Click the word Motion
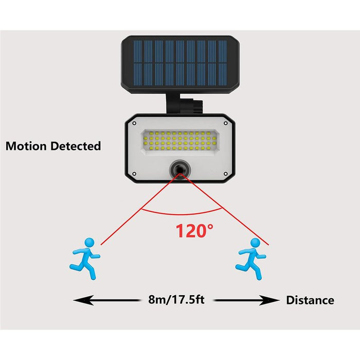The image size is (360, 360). tap(26, 146)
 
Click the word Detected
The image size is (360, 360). tap(76, 146)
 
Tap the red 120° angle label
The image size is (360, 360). tap(194, 231)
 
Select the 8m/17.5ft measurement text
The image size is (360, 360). tap(176, 299)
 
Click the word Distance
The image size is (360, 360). tap(310, 300)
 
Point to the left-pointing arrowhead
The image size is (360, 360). tap(83, 300)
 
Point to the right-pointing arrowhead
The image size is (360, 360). tap(269, 300)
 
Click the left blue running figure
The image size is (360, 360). tap(85, 259)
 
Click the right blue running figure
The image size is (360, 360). tap(251, 259)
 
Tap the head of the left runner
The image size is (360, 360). tap(89, 243)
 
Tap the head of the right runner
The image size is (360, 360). tap(255, 243)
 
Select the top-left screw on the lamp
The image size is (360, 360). tap(134, 123)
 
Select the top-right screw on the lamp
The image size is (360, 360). tap(225, 123)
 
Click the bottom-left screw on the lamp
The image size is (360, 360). tap(134, 174)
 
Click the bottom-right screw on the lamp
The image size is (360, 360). tap(225, 174)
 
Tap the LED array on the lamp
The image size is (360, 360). tap(180, 141)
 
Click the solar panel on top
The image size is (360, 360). tap(180, 64)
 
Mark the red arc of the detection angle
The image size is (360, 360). tap(182, 212)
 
